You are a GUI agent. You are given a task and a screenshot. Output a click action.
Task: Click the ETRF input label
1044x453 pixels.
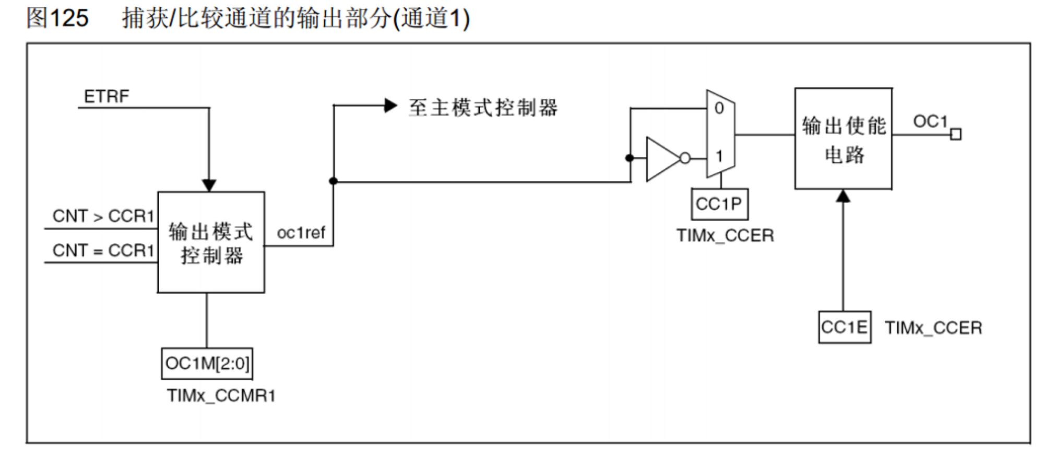point(106,97)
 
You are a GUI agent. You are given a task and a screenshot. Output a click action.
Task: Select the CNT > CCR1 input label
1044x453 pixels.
point(103,216)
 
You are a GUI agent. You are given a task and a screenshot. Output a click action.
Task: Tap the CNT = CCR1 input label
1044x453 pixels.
point(103,250)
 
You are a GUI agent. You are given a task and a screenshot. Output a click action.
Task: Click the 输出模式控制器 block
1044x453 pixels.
point(211,242)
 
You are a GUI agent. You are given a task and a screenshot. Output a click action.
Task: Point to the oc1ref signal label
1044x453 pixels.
point(301,233)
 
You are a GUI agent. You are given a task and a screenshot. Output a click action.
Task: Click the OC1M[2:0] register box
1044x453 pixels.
point(207,363)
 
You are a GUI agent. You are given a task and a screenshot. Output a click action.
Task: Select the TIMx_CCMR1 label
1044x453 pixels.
point(221,396)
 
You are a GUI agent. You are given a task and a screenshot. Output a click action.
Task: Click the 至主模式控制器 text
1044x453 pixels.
point(483,108)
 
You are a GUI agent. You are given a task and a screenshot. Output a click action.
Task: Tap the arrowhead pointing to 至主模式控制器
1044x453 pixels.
point(390,106)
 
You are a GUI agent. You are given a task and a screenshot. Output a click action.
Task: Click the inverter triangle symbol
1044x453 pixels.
point(662,158)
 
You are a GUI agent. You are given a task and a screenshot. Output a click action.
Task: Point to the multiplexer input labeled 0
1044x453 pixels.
point(719,108)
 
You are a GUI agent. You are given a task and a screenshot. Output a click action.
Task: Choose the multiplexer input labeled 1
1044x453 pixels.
point(719,156)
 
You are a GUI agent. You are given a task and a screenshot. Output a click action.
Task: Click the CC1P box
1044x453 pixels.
point(719,204)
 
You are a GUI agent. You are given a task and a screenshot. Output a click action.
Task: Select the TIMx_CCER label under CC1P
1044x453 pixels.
point(725,236)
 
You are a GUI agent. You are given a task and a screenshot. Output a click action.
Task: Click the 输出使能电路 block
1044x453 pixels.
point(843,138)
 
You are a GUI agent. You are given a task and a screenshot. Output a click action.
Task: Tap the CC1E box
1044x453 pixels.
point(844,328)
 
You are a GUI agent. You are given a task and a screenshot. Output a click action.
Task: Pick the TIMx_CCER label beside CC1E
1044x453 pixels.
point(933,328)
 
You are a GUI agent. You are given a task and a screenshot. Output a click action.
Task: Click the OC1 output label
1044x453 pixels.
point(930,122)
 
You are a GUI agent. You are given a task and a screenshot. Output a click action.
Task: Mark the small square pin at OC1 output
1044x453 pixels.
point(955,135)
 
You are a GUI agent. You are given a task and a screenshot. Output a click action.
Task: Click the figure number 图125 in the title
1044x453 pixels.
point(57,18)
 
